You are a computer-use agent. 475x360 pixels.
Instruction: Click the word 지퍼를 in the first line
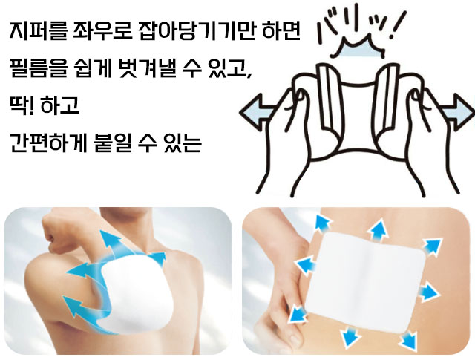[x=38, y=30]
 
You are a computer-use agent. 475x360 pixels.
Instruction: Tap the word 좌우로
[x=102, y=30]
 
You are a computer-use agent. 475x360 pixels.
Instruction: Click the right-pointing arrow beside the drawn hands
[x=459, y=112]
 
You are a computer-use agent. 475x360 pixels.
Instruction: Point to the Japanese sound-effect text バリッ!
[x=360, y=26]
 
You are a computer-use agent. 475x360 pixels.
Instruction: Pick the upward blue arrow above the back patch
[x=378, y=231]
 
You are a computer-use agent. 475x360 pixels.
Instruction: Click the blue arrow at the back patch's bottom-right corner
[x=407, y=341]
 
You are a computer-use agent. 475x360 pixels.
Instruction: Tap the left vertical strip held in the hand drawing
[x=328, y=100]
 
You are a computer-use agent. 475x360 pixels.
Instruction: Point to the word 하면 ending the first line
[x=281, y=30]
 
